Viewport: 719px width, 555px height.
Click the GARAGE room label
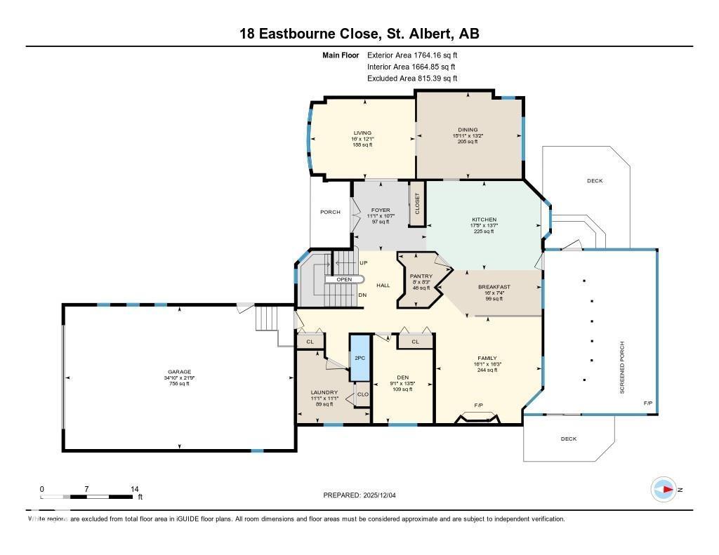point(180,372)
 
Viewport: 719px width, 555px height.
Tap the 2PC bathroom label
point(359,358)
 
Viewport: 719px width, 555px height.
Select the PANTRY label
point(421,276)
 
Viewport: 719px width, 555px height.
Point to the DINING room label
point(468,130)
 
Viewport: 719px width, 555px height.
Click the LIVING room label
point(362,133)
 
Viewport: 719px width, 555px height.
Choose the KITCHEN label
point(484,220)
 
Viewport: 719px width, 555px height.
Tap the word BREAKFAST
point(494,287)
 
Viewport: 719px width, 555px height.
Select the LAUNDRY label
point(324,392)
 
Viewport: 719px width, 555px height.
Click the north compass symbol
point(664,488)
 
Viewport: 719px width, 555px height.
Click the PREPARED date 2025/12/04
point(359,495)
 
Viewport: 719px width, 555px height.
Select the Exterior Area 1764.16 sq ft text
point(412,55)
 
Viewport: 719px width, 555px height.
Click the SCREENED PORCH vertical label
point(622,367)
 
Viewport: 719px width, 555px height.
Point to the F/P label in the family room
point(478,406)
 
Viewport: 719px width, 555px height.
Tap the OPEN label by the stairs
point(344,279)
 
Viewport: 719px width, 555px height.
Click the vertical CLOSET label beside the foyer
point(416,203)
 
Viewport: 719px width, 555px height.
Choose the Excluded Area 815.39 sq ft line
point(412,79)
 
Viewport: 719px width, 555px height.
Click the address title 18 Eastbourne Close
point(359,34)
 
